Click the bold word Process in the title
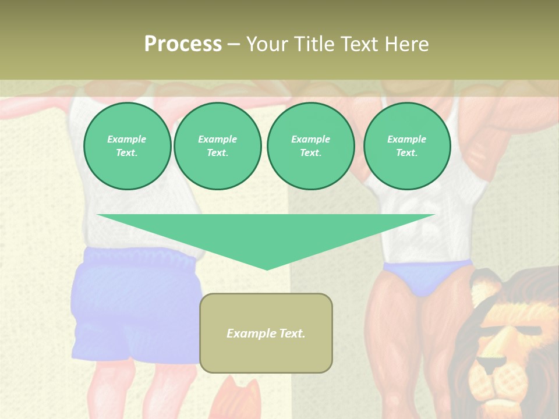point(183,44)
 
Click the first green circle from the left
point(127,146)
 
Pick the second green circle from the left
point(218,146)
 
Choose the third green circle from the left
point(310,146)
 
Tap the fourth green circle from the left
point(407,146)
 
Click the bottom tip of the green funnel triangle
point(267,268)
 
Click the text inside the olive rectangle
point(266,333)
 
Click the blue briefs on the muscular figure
point(428,278)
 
